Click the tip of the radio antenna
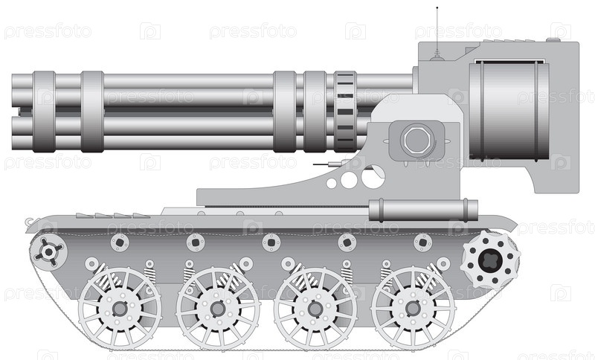(x=437, y=7)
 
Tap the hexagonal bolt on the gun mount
(x=416, y=140)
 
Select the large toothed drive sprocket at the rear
(x=490, y=260)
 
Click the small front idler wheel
(x=49, y=251)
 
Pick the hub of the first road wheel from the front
(x=120, y=309)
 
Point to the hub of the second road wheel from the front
(x=218, y=309)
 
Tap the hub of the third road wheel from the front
(x=315, y=309)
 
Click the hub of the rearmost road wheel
(x=413, y=309)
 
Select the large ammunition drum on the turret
(x=509, y=111)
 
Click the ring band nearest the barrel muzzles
(x=44, y=112)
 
